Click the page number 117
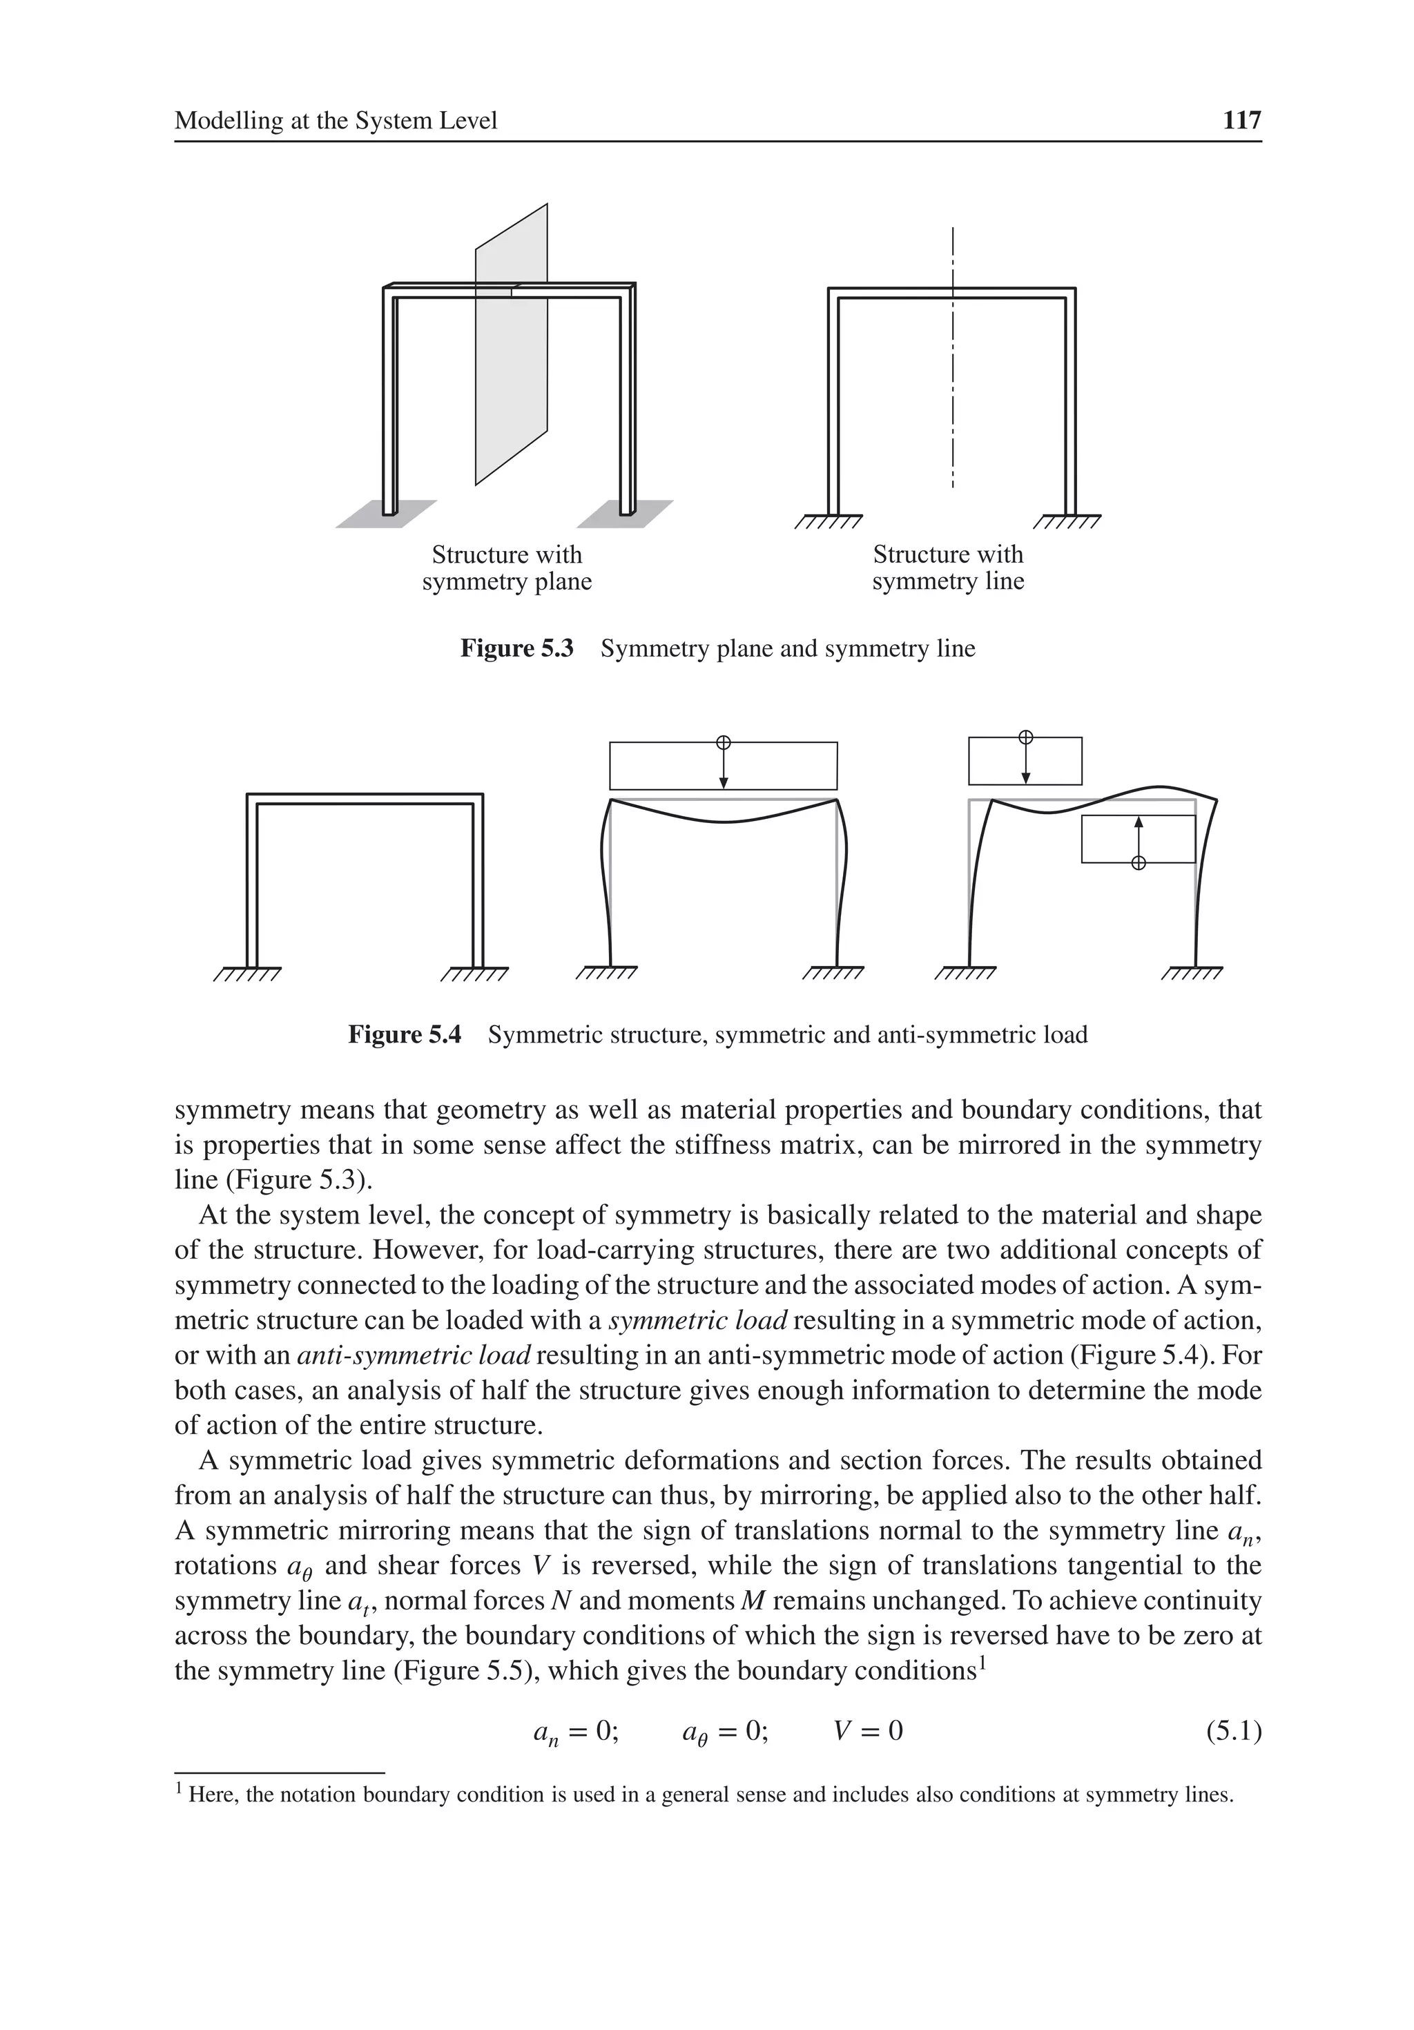[1241, 120]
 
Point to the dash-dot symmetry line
[952, 389]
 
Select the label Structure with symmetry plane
[507, 568]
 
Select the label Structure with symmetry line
[947, 568]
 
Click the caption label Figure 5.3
[516, 649]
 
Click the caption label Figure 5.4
[404, 1034]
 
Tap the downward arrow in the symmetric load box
[724, 767]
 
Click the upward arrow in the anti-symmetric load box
[1138, 835]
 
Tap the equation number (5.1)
[1232, 1731]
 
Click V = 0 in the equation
[869, 1731]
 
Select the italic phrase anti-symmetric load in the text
[414, 1355]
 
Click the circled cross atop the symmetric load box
[724, 742]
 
